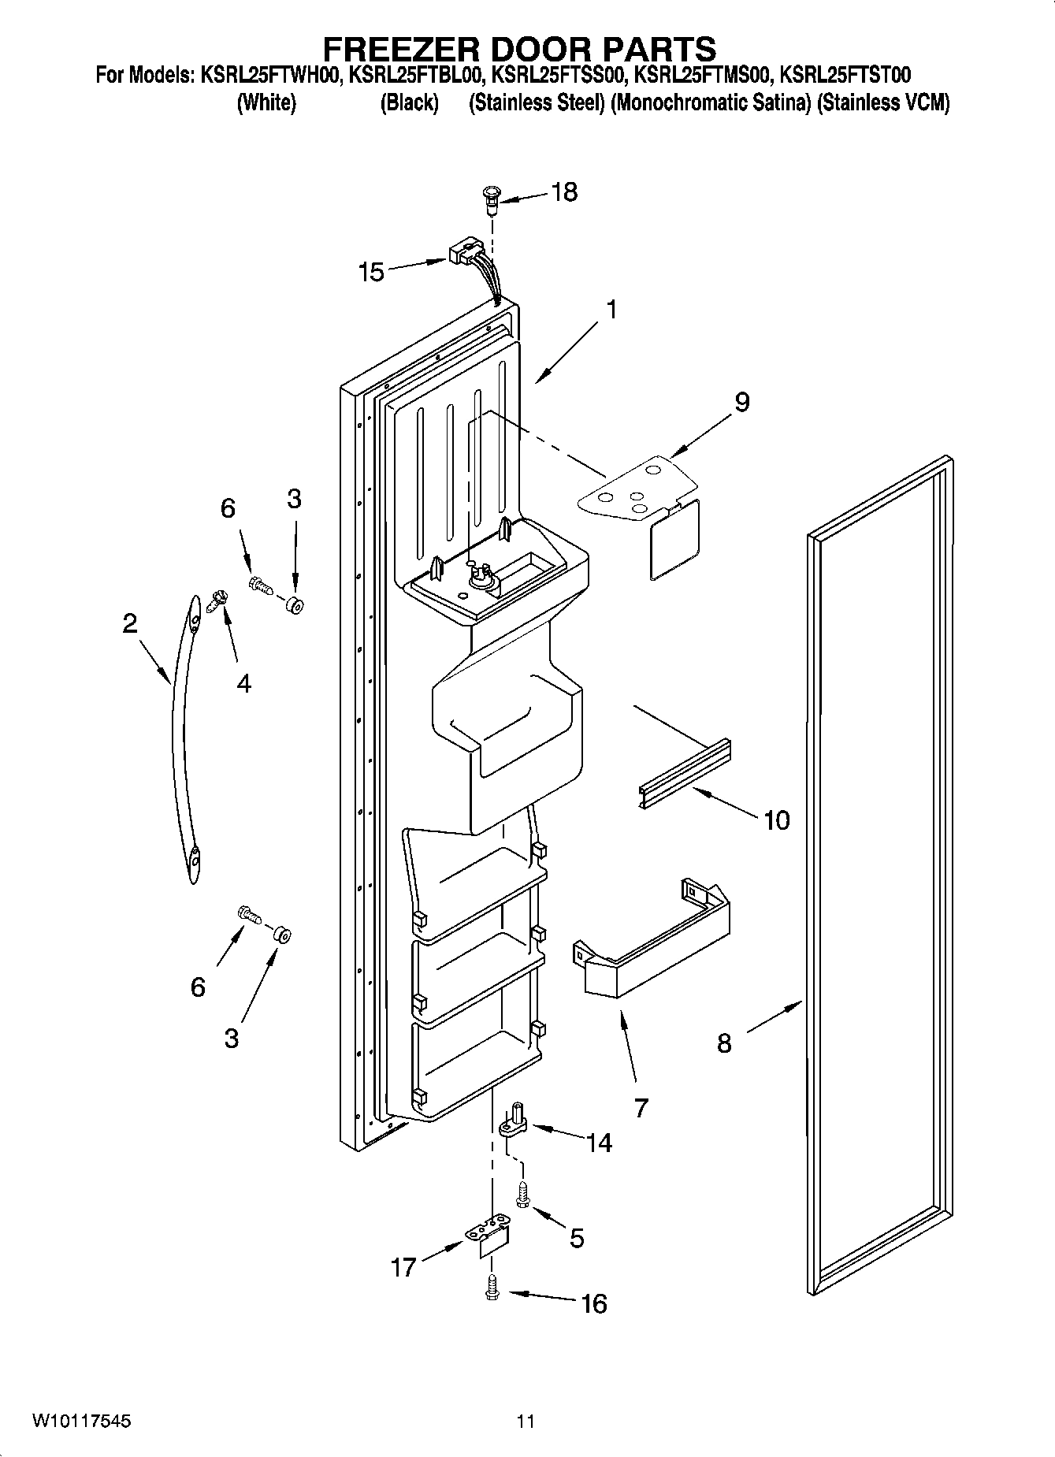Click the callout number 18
coord(564,191)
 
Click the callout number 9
coord(741,402)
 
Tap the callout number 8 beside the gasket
coord(723,1043)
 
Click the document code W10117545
coord(82,1421)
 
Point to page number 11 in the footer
coord(526,1421)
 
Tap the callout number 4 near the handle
coord(244,683)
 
